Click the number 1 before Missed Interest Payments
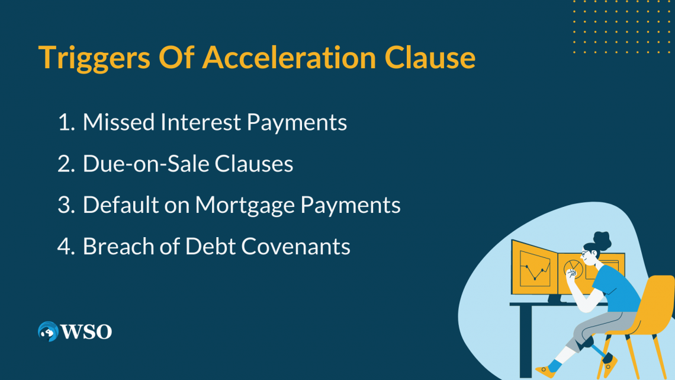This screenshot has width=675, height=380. (x=64, y=123)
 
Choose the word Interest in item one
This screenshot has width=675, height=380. (x=202, y=123)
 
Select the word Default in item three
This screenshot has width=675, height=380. (x=119, y=205)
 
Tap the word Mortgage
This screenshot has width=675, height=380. (x=246, y=206)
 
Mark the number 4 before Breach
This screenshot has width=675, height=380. (x=65, y=247)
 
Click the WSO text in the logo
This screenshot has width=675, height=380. (x=86, y=331)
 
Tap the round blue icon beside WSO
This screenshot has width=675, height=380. (x=47, y=331)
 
